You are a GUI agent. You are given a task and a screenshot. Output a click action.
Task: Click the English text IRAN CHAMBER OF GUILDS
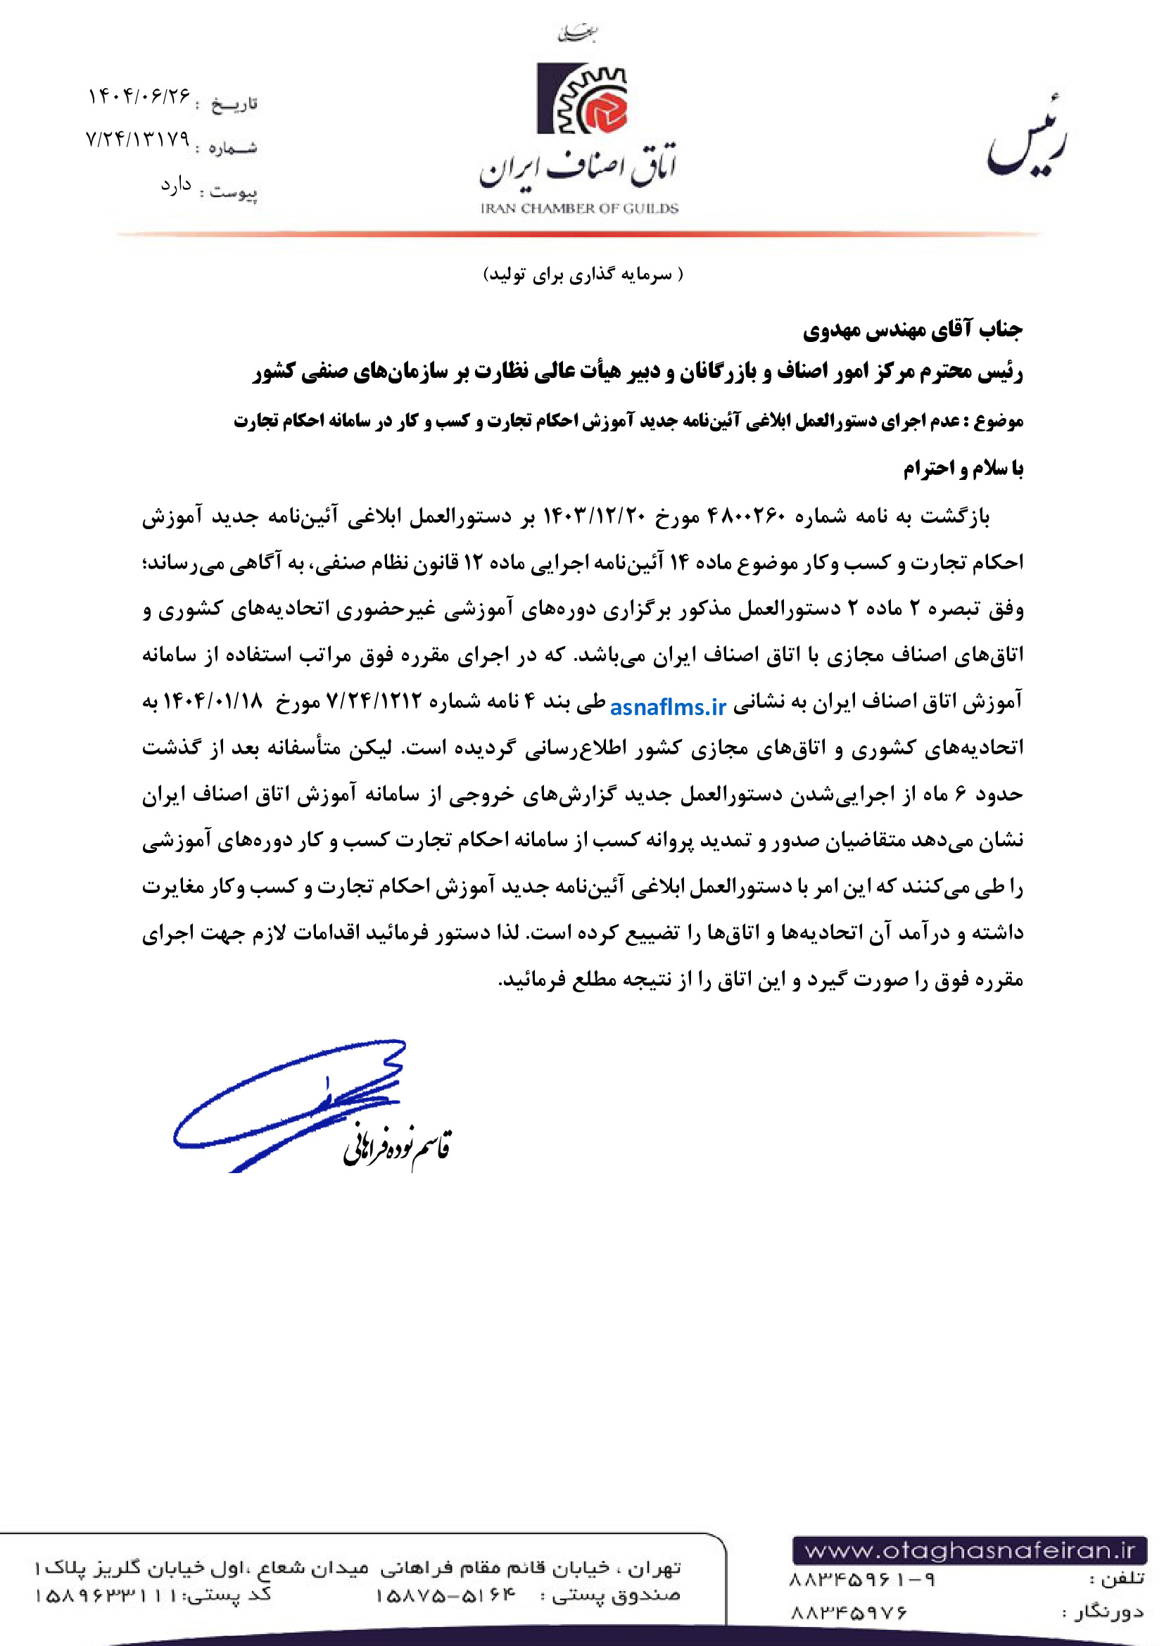[x=579, y=208]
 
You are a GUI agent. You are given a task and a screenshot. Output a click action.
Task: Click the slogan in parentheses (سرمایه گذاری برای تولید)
[x=583, y=274]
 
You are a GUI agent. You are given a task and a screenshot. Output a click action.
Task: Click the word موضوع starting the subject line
[x=999, y=421]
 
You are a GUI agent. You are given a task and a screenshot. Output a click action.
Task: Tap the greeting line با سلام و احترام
[x=963, y=469]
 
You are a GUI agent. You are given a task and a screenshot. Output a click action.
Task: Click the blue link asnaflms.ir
[x=668, y=707]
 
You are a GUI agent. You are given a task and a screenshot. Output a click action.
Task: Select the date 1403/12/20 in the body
[x=596, y=516]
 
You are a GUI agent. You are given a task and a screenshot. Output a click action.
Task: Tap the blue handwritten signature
[x=286, y=1104]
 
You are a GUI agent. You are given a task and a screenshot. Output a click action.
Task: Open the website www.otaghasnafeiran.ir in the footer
[x=970, y=1551]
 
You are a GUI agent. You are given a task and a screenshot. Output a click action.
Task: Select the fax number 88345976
[x=849, y=1612]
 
